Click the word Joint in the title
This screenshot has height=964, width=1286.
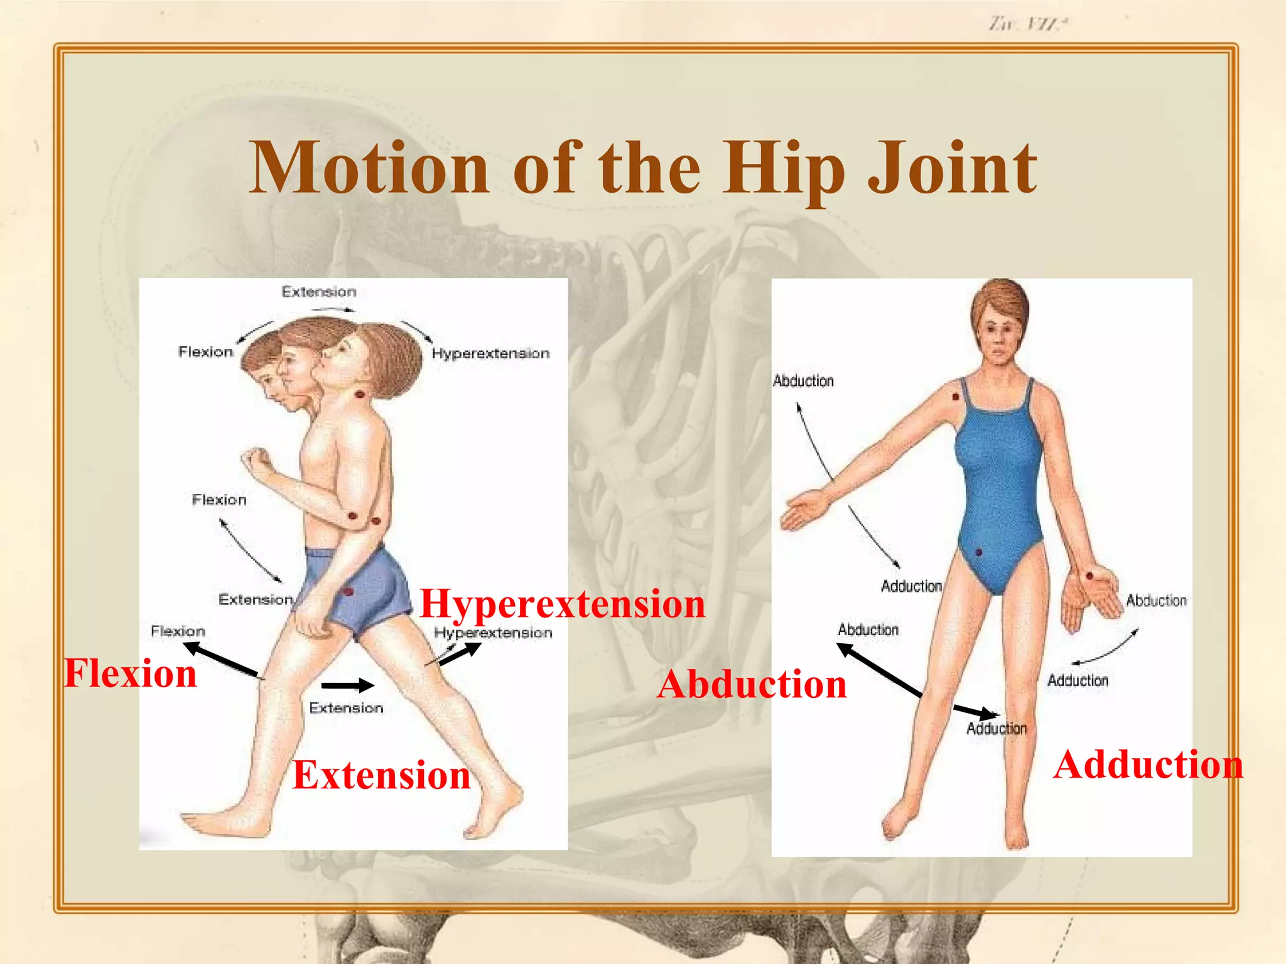click(x=951, y=168)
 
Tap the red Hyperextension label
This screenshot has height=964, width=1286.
click(x=562, y=604)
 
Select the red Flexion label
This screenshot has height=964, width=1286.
click(x=131, y=673)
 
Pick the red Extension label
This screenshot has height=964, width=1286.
click(x=381, y=774)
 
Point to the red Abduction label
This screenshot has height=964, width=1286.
click(x=752, y=683)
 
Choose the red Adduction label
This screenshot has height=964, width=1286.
click(x=1148, y=764)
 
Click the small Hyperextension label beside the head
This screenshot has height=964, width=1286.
click(x=490, y=353)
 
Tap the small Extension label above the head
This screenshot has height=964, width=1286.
click(x=318, y=292)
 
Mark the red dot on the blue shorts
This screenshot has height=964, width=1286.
click(x=348, y=591)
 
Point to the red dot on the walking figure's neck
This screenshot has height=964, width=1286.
click(x=360, y=394)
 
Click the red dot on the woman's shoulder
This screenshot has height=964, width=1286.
click(x=956, y=397)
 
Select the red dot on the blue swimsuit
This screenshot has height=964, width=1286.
click(x=979, y=552)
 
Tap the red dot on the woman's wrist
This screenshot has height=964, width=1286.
click(x=1089, y=575)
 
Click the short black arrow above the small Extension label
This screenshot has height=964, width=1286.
click(x=347, y=685)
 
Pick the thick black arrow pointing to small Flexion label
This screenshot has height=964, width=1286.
click(x=220, y=659)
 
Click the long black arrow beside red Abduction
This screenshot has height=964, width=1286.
click(x=880, y=670)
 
